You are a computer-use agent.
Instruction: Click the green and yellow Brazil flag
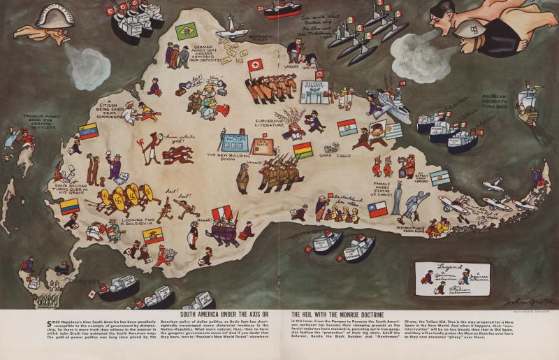pos(186,31)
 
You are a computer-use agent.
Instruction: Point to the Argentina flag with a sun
pos(440,178)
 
